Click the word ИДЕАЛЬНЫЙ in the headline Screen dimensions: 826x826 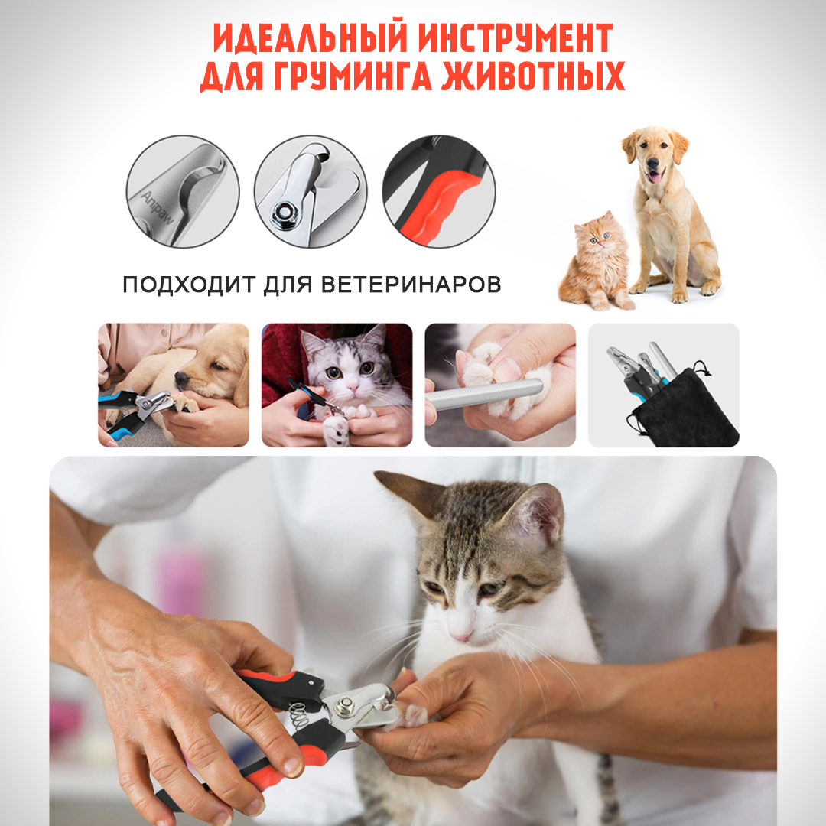pyautogui.click(x=311, y=37)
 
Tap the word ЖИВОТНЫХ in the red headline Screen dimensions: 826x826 pyautogui.click(x=533, y=76)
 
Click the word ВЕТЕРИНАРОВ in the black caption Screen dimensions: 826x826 pyautogui.click(x=411, y=285)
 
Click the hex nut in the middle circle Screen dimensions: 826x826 pyautogui.click(x=285, y=213)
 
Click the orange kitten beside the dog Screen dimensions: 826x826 pyautogui.click(x=597, y=261)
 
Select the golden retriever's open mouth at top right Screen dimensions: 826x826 pyautogui.click(x=654, y=175)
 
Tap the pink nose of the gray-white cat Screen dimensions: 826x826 pyautogui.click(x=352, y=388)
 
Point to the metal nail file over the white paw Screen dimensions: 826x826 pyautogui.click(x=484, y=394)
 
